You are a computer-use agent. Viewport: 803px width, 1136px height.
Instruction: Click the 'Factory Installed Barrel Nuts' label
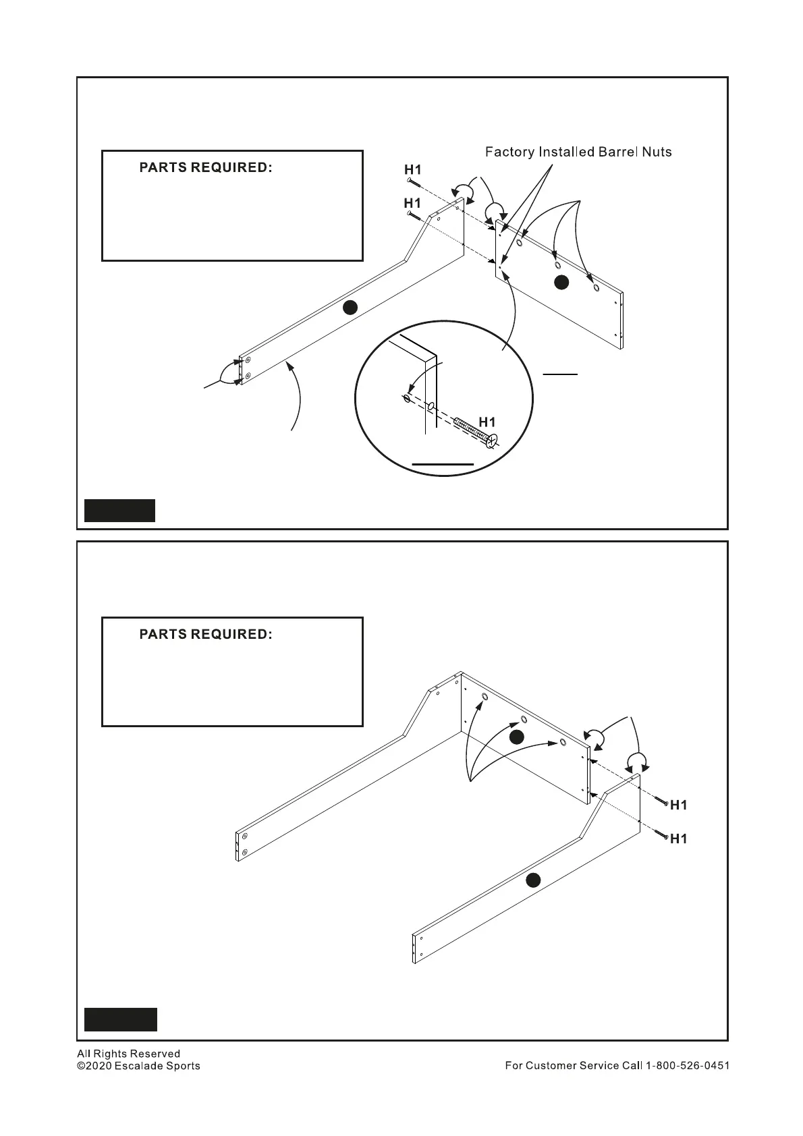click(x=578, y=152)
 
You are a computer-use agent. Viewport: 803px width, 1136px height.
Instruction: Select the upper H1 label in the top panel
click(x=412, y=170)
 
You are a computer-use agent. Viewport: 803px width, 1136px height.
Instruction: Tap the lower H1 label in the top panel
click(x=412, y=203)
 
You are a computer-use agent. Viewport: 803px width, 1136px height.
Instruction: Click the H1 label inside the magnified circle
click(x=487, y=422)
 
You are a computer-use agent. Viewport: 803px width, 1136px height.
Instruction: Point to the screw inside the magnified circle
click(x=476, y=432)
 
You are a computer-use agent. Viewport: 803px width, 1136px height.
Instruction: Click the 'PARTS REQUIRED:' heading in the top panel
click(x=206, y=168)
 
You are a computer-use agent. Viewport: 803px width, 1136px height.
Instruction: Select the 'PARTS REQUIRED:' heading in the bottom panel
click(x=206, y=635)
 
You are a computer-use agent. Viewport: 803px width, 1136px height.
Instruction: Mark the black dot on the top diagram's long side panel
click(x=349, y=308)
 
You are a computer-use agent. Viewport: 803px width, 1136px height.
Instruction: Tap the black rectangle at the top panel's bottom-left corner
click(x=119, y=511)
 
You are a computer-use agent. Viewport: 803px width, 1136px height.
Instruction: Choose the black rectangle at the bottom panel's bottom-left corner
click(x=121, y=1019)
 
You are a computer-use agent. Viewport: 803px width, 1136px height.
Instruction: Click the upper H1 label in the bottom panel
click(x=679, y=805)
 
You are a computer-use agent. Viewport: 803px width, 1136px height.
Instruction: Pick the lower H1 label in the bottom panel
click(x=679, y=839)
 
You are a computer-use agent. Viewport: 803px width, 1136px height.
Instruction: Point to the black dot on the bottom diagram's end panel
click(x=516, y=737)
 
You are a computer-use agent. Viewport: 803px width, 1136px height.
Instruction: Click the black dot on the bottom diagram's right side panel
click(x=533, y=880)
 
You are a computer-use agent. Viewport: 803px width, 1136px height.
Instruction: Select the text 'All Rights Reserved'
click(x=129, y=1054)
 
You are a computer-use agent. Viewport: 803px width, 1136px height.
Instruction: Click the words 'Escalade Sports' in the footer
click(x=157, y=1066)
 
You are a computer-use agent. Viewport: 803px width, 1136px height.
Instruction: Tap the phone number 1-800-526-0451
click(x=688, y=1066)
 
